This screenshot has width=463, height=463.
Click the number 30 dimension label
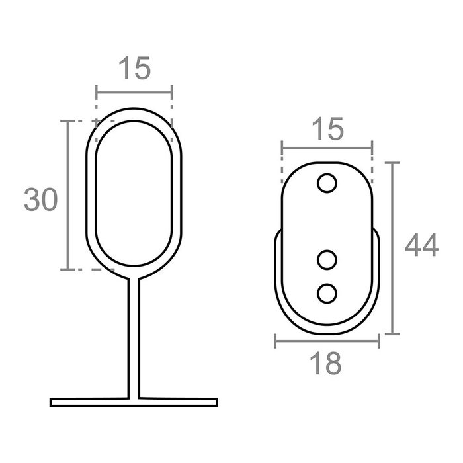click(41, 200)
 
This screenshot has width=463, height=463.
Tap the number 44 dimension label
click(422, 245)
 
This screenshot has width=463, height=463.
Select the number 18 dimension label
click(325, 363)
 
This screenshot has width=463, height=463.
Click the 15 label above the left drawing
click(135, 68)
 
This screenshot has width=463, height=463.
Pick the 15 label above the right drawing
click(328, 128)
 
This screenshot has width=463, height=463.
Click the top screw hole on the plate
click(327, 183)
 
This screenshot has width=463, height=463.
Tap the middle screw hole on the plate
click(327, 260)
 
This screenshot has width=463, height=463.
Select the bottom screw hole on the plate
click(327, 294)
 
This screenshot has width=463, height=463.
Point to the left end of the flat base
click(51, 402)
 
